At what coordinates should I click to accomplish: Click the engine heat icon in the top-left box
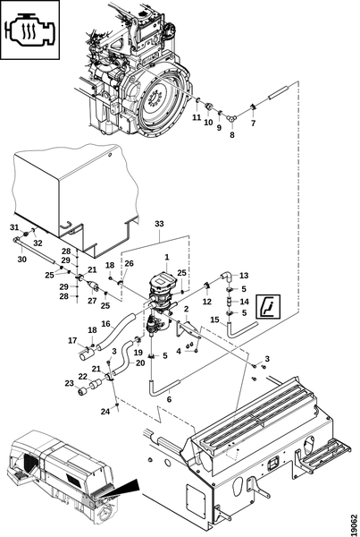point(29,30)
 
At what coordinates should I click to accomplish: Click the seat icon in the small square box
point(269,306)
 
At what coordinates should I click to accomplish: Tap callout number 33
point(159,224)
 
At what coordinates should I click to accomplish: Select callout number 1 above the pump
point(167,257)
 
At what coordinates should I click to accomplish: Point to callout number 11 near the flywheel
point(197,117)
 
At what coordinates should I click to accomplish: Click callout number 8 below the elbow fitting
point(232,135)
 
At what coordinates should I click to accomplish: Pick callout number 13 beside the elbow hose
point(244,276)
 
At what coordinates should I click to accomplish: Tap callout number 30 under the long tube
point(21,260)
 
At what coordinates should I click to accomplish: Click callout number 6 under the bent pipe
point(169,399)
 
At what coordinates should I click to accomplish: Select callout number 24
point(105,412)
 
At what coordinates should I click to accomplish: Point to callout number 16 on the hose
point(106,323)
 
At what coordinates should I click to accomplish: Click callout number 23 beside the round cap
point(70,383)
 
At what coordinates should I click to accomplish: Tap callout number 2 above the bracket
point(187,309)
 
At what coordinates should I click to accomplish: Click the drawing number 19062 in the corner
point(354,524)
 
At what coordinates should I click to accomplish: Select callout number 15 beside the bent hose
point(214,320)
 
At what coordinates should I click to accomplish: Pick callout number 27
point(92,301)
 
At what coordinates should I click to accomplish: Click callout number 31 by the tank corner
point(14,227)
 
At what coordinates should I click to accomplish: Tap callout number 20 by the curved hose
point(140,362)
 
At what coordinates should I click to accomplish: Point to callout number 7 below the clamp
point(254,124)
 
